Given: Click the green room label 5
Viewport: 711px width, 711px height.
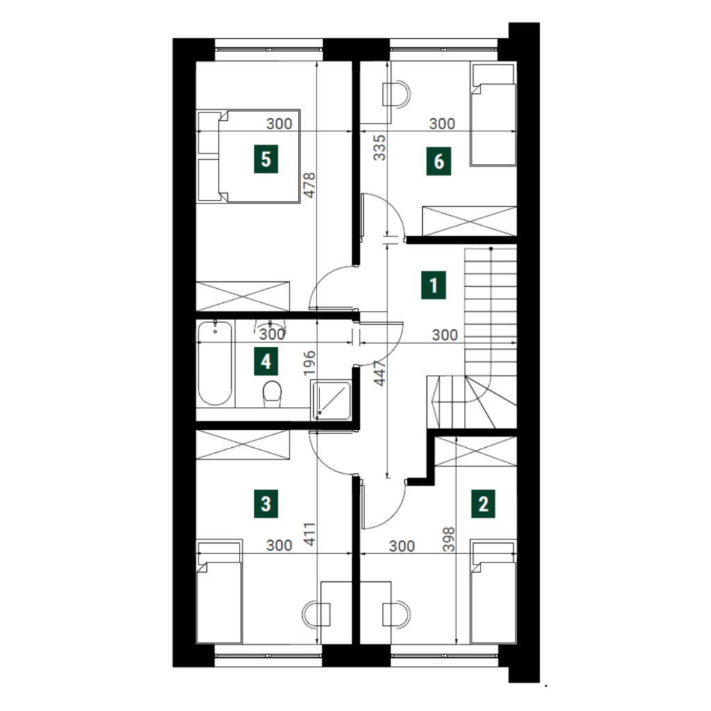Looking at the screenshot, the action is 266,159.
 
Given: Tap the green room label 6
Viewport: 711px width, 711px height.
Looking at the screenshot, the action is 439,161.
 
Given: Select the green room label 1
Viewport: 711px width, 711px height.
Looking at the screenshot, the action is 433,285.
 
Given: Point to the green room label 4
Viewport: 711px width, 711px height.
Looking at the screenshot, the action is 266,362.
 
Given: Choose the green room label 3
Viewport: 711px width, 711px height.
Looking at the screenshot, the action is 266,504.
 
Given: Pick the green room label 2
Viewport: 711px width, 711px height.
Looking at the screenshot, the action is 483,504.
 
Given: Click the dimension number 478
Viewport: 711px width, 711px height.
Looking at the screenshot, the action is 309,185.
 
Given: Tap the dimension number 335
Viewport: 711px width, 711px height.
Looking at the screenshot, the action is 379,147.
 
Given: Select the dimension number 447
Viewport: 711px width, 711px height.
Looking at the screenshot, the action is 379,373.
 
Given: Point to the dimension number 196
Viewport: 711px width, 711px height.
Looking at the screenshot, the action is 309,362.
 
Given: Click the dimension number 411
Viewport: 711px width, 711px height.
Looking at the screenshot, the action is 309,534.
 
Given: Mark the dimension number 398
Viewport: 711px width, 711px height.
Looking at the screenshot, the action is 449,539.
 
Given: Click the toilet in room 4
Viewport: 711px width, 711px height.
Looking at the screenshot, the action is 272,393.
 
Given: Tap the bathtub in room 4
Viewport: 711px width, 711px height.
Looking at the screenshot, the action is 215,362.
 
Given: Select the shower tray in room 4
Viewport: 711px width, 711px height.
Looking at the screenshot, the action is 331,400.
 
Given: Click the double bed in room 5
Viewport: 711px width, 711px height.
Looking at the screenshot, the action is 249,156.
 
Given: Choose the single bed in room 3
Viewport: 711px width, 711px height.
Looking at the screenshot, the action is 219,591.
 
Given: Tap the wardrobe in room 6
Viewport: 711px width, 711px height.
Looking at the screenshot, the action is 469,221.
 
